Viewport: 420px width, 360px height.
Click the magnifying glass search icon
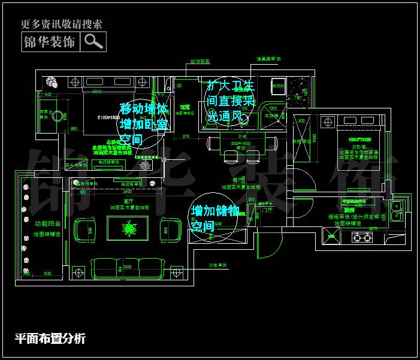pyautogui.click(x=93, y=41)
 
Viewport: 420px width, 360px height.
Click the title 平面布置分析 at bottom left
pyautogui.click(x=50, y=338)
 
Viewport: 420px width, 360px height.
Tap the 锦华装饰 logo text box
pyautogui.click(x=49, y=42)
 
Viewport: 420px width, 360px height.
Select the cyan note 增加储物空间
pyautogui.click(x=215, y=219)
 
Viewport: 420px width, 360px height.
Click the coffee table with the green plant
pyautogui.click(x=128, y=228)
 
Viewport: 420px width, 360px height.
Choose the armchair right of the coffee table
pyautogui.click(x=171, y=228)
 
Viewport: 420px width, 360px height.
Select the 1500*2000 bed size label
pyautogui.click(x=351, y=140)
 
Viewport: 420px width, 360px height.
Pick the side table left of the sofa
pyautogui.click(x=77, y=273)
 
